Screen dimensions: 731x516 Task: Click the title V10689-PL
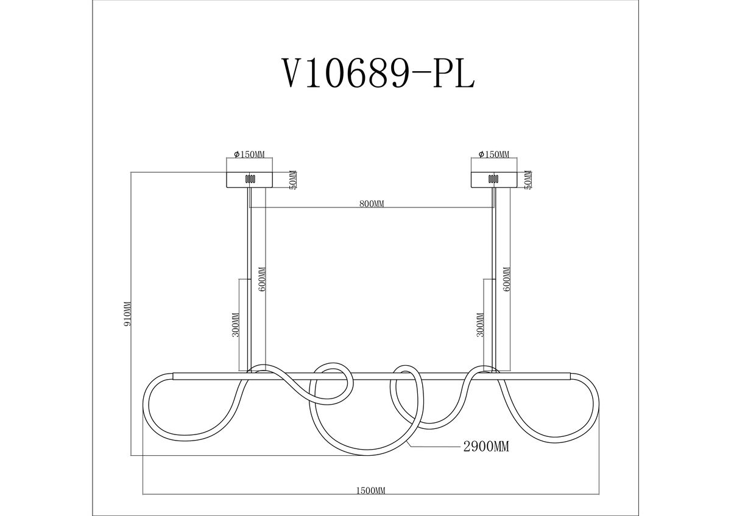point(378,74)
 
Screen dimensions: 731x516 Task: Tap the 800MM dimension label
point(372,204)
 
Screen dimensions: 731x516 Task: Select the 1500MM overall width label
point(370,500)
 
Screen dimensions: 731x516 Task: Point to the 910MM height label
point(128,313)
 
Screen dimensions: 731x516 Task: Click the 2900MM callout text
point(486,447)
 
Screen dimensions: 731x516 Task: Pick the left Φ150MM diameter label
point(249,154)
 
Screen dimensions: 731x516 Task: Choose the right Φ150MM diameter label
point(494,154)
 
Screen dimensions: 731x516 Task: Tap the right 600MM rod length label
point(507,279)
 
